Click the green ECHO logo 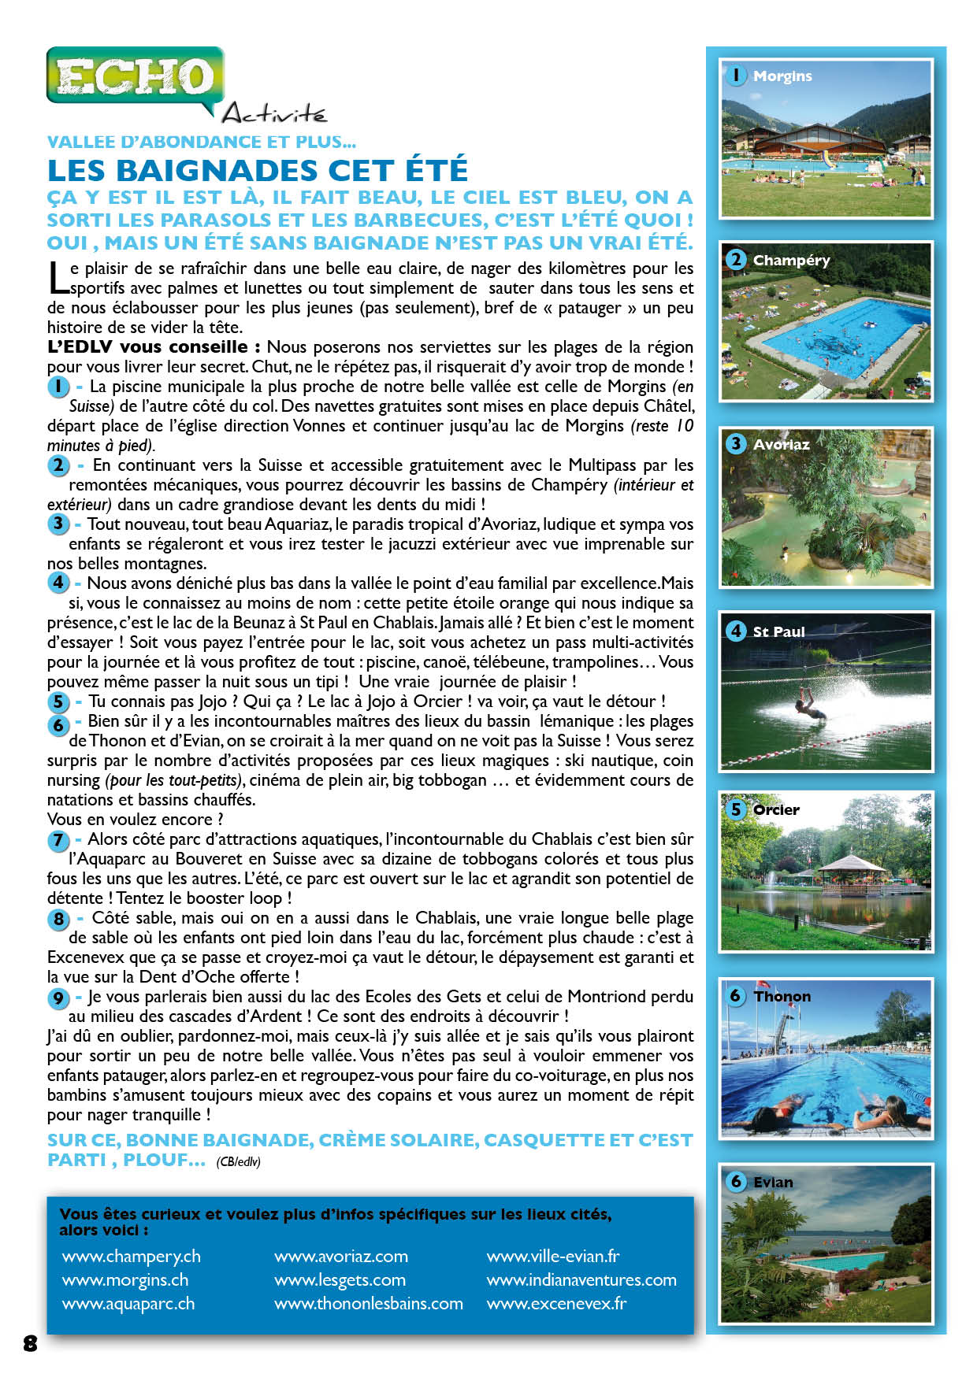point(135,76)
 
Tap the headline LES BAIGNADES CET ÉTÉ point(258,170)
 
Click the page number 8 point(30,1343)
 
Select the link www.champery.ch point(131,1256)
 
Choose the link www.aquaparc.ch point(128,1303)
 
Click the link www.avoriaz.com point(340,1256)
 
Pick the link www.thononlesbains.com point(368,1303)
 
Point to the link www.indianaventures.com point(581,1279)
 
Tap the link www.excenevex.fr point(556,1303)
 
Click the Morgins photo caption point(782,76)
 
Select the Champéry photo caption point(791,261)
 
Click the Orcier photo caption point(776,810)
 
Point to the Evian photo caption point(773,1182)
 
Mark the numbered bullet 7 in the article point(58,840)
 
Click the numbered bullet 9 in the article point(58,998)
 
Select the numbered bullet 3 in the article point(58,524)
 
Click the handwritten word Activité point(274,115)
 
